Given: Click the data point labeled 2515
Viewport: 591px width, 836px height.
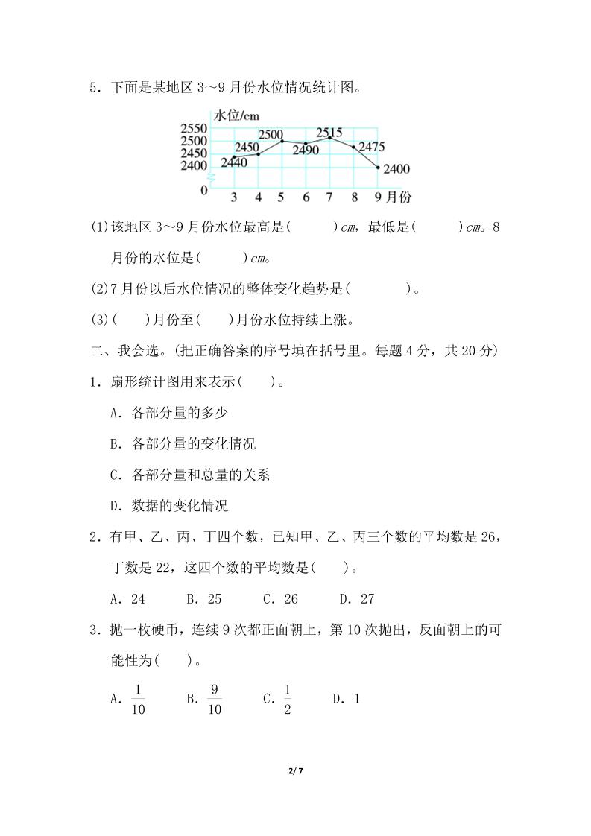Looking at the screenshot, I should (330, 138).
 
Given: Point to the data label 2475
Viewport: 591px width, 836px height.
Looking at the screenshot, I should (371, 147).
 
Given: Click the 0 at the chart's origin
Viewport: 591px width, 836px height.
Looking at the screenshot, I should (204, 190).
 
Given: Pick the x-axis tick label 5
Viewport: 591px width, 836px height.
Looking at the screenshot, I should (281, 197).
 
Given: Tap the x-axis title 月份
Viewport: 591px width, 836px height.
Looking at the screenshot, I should (399, 197).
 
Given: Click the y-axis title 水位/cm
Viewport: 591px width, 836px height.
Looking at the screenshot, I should (238, 115).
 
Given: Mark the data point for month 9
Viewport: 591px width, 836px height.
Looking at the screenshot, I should (378, 168).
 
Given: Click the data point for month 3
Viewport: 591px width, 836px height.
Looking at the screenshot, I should (233, 157).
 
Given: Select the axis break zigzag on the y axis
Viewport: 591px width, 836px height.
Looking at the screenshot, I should (211, 178).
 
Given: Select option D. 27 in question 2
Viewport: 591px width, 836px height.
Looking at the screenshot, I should (356, 599).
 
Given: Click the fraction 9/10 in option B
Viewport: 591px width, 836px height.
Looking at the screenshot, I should (215, 699).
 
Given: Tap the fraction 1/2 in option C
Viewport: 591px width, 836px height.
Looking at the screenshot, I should (288, 699).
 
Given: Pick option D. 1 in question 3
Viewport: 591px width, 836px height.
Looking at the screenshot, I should (347, 699).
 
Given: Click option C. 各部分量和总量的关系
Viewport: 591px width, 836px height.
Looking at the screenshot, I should (189, 475).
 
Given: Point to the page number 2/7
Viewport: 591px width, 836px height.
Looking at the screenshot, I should (296, 771).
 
